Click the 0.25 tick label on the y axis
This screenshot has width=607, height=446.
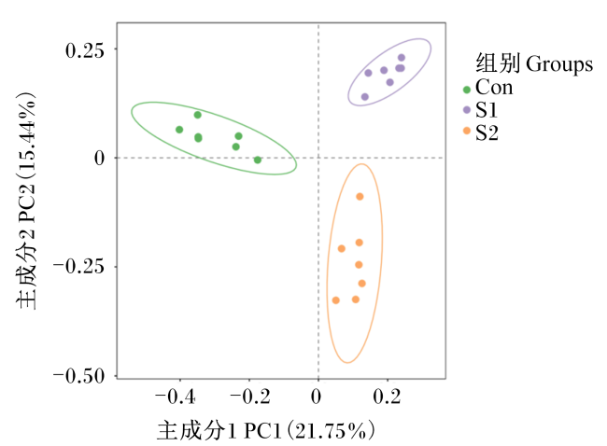(x=85, y=50)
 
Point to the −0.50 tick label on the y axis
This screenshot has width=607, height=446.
(x=79, y=376)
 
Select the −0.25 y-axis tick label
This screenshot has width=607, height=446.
(x=79, y=267)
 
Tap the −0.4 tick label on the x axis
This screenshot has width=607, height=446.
(x=175, y=397)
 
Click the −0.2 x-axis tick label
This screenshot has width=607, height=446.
(x=250, y=397)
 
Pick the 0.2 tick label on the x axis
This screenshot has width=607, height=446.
(x=387, y=397)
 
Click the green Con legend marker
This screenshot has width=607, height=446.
(x=467, y=90)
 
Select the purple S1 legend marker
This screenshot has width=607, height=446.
(x=467, y=110)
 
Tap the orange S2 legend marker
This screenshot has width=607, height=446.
(x=467, y=131)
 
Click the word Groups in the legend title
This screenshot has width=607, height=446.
(x=559, y=64)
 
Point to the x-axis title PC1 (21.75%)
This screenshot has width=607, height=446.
(x=309, y=430)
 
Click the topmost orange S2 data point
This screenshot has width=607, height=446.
(x=360, y=197)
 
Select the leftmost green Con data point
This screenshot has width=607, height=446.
(x=179, y=130)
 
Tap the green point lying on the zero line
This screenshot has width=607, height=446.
(x=258, y=160)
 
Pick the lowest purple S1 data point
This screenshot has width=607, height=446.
(x=364, y=97)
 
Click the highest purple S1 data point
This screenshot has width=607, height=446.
(x=402, y=58)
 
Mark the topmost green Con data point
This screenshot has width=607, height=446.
(x=197, y=115)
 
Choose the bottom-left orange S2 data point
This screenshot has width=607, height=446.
(x=336, y=300)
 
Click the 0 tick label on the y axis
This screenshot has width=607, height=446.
(x=100, y=159)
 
